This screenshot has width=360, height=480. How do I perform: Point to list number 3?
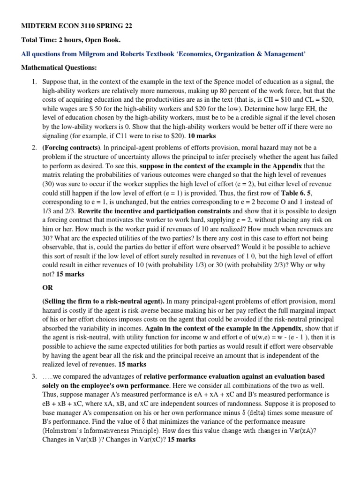point(34,376)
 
